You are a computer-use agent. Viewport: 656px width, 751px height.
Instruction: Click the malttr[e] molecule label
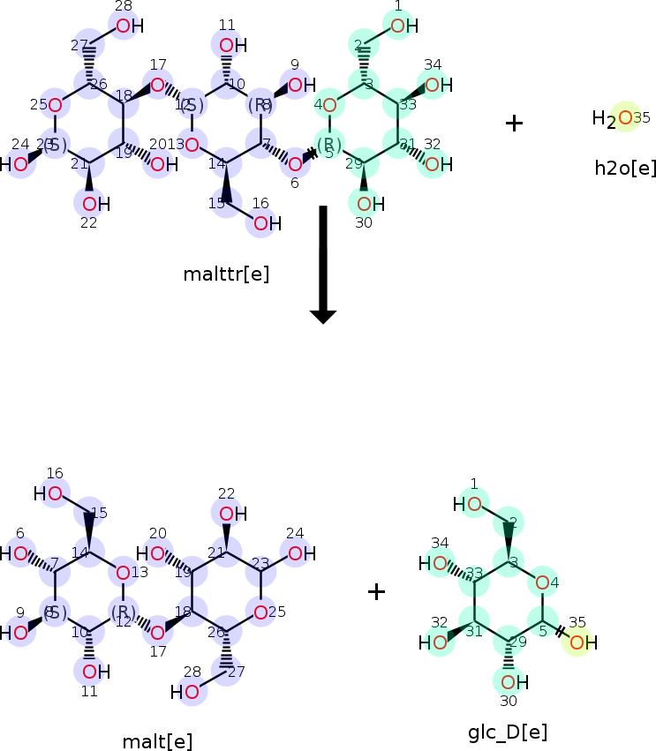point(226,274)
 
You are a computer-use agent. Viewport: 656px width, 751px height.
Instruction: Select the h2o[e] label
point(625,168)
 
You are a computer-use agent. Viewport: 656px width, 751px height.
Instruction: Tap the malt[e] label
point(157,741)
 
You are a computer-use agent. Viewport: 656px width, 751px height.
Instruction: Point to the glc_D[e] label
point(508,732)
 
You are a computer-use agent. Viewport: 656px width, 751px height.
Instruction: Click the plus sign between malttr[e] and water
point(514,123)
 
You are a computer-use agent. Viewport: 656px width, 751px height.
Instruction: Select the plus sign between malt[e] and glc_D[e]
point(376,591)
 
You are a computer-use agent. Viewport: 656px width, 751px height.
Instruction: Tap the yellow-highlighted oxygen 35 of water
point(624,117)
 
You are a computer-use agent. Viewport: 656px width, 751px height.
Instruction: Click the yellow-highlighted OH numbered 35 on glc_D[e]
point(578,642)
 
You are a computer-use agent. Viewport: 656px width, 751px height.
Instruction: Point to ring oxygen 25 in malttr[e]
point(55,106)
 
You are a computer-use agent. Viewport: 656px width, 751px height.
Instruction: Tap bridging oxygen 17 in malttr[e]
point(157,86)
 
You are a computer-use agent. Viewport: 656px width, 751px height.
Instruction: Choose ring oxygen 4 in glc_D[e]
point(543,582)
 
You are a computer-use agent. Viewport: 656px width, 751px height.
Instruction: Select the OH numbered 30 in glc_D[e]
point(509,681)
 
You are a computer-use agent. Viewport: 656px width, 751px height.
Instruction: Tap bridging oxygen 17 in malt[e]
point(157,632)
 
